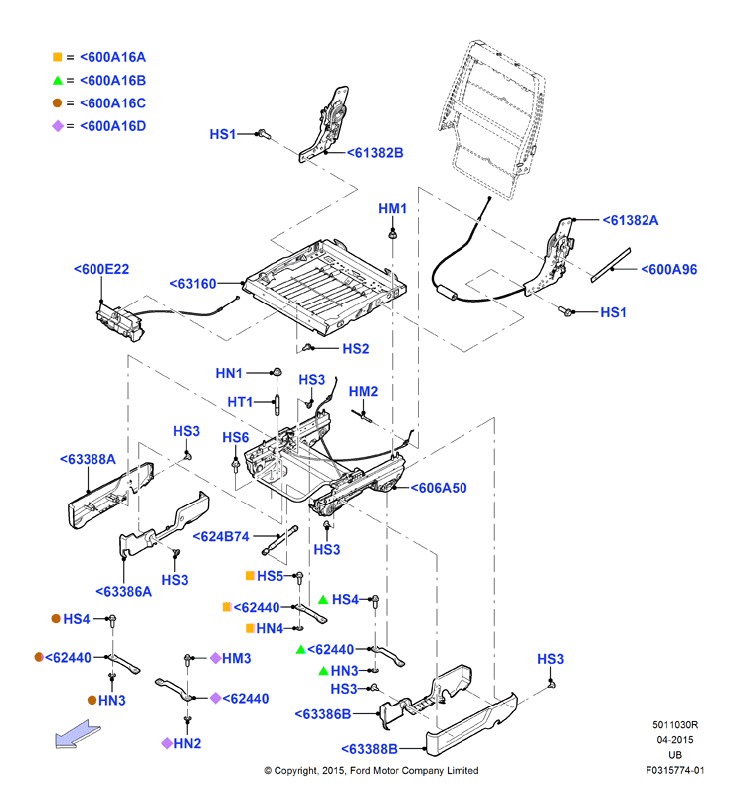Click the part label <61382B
pyautogui.click(x=375, y=153)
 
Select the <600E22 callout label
pyautogui.click(x=101, y=269)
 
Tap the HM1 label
pyautogui.click(x=393, y=208)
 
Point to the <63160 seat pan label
pyautogui.click(x=193, y=283)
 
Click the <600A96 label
pyautogui.click(x=669, y=269)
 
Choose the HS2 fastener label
pyautogui.click(x=356, y=349)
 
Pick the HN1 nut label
pyautogui.click(x=229, y=373)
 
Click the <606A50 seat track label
pyautogui.click(x=439, y=488)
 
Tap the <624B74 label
pyautogui.click(x=221, y=536)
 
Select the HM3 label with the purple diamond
pyautogui.click(x=236, y=658)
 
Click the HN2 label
pyautogui.click(x=187, y=743)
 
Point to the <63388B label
pyautogui.click(x=369, y=749)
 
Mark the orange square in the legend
pyautogui.click(x=57, y=57)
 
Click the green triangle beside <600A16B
pyautogui.click(x=57, y=81)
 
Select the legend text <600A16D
pyautogui.click(x=112, y=126)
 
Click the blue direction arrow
pyautogui.click(x=78, y=734)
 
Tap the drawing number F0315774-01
pyautogui.click(x=674, y=770)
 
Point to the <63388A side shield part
pyautogui.click(x=110, y=496)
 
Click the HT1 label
pyautogui.click(x=240, y=402)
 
